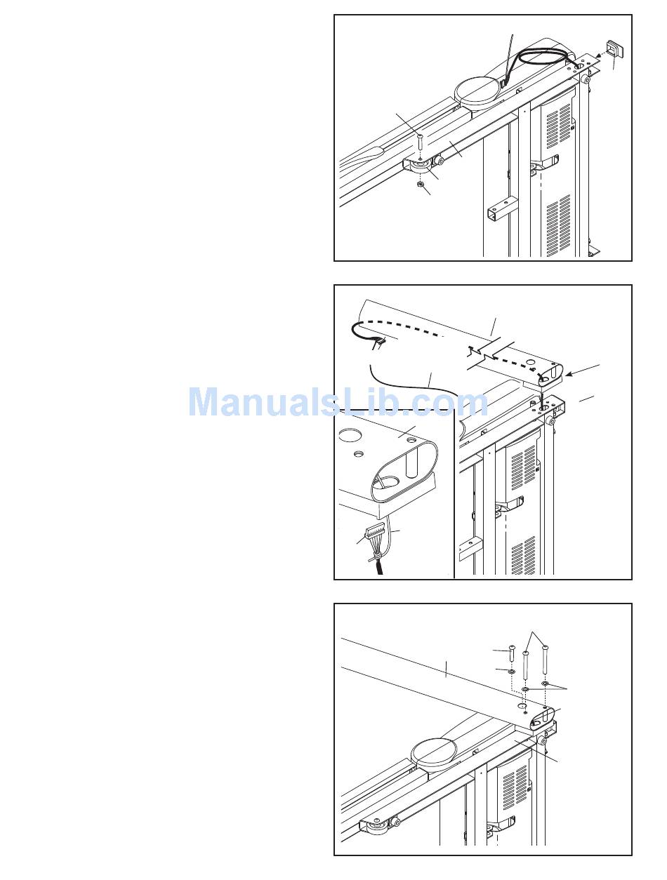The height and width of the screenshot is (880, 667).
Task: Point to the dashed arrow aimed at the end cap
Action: (x=595, y=55)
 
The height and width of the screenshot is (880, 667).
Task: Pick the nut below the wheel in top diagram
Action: (x=419, y=185)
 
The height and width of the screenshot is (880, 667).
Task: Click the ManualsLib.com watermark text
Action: (x=338, y=402)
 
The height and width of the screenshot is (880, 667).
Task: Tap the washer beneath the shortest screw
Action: (x=512, y=672)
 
